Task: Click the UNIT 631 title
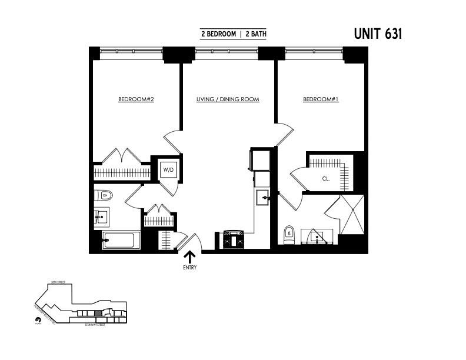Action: (x=378, y=34)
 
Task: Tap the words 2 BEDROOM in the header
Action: (x=218, y=34)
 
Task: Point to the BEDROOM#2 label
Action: (x=136, y=99)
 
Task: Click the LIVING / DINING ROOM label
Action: (x=228, y=99)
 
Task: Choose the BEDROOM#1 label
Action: (x=321, y=99)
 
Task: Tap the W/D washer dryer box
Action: (x=169, y=170)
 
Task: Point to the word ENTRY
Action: (x=189, y=268)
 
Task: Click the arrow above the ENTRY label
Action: (x=189, y=256)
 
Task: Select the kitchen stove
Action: (x=234, y=240)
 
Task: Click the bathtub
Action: (x=121, y=241)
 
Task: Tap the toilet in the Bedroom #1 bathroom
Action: (x=289, y=234)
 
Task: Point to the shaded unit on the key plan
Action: (x=98, y=312)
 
